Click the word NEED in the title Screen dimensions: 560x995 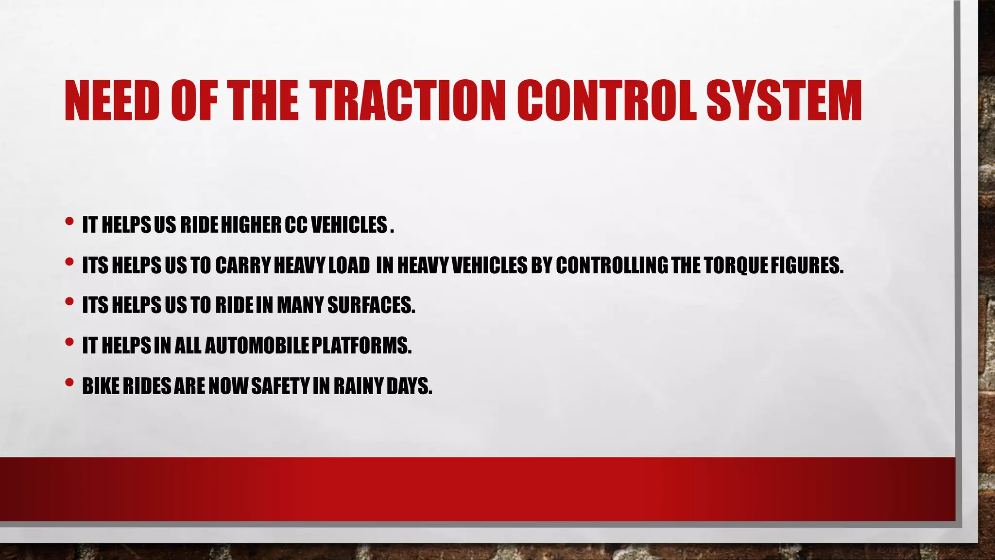pyautogui.click(x=112, y=101)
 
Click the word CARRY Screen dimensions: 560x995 pyautogui.click(x=243, y=265)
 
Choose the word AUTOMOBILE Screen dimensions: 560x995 pyautogui.click(x=257, y=346)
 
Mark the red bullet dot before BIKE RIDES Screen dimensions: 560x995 pyautogui.click(x=69, y=383)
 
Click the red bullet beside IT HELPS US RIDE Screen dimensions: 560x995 pyautogui.click(x=69, y=222)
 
